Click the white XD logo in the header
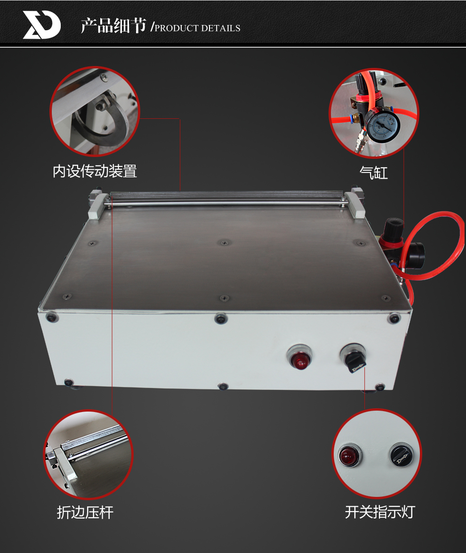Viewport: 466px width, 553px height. (41, 25)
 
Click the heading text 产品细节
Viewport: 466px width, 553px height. (113, 25)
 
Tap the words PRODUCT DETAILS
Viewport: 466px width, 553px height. (198, 28)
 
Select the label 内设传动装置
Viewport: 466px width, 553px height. (95, 172)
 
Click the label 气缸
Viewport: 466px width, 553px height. (374, 173)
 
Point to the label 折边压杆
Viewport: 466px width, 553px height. (85, 512)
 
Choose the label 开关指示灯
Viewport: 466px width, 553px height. (380, 512)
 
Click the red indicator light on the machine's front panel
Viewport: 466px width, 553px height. (300, 358)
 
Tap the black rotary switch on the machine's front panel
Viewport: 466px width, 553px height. (354, 357)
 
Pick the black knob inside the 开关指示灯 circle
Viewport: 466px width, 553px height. (401, 455)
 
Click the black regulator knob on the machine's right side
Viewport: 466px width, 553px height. (394, 228)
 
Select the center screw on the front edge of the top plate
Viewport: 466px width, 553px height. (225, 298)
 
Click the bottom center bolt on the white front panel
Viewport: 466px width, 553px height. (223, 386)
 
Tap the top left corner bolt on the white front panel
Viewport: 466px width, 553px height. (52, 317)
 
